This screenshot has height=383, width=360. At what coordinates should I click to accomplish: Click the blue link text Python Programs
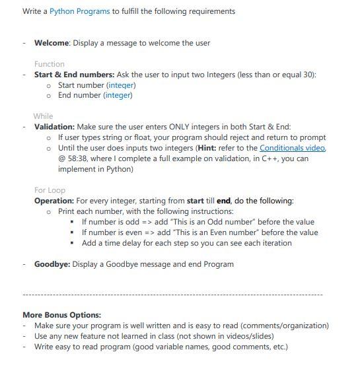point(79,11)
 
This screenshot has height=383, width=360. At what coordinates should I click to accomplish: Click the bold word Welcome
point(52,43)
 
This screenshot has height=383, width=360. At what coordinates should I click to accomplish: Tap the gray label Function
point(50,64)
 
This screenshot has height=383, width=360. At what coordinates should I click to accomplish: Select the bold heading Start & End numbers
point(74,75)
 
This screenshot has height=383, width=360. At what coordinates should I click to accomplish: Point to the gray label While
point(43,116)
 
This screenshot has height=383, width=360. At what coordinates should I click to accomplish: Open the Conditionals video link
point(292,148)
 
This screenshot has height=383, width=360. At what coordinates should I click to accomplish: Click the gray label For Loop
point(50,190)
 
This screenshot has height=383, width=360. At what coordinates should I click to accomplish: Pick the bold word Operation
point(54,201)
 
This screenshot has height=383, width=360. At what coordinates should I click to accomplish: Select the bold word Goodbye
point(52,264)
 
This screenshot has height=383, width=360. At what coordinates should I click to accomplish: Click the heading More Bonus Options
point(61,315)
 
